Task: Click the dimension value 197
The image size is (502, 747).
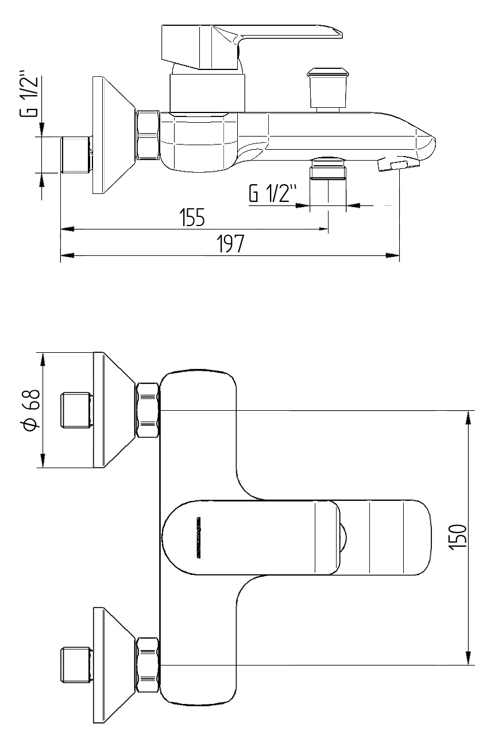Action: (231, 245)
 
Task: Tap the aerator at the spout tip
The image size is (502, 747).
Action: (397, 165)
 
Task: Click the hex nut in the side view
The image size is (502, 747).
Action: (147, 135)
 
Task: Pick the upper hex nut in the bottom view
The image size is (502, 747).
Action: (147, 411)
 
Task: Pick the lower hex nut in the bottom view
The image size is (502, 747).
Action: (147, 664)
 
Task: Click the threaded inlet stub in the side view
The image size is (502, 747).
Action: (76, 155)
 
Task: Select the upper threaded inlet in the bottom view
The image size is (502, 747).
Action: (76, 410)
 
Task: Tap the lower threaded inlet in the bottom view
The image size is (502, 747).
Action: (76, 666)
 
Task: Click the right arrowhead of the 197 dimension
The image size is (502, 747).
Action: (393, 256)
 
